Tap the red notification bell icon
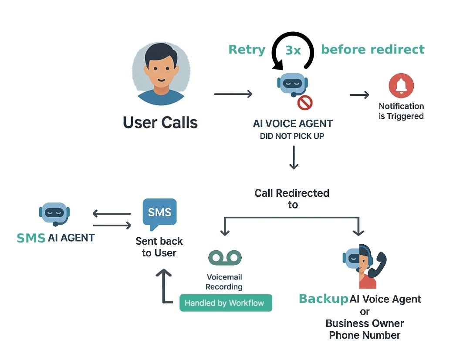[x=401, y=86]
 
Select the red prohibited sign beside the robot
[x=305, y=103]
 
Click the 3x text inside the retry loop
[x=293, y=50]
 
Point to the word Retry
[x=247, y=50]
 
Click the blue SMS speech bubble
[x=159, y=213]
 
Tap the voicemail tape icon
[x=225, y=258]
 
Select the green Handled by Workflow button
[x=226, y=303]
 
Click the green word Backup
[x=324, y=299]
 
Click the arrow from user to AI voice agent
[x=233, y=94]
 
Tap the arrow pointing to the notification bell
[x=359, y=95]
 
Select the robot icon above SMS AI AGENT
[x=54, y=213]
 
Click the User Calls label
[x=160, y=122]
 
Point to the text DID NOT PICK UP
[x=292, y=136]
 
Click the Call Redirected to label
[x=292, y=199]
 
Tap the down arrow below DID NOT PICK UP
[x=294, y=158]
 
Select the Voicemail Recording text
[x=224, y=282]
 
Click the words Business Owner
[x=365, y=323]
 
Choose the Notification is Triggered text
[x=401, y=111]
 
